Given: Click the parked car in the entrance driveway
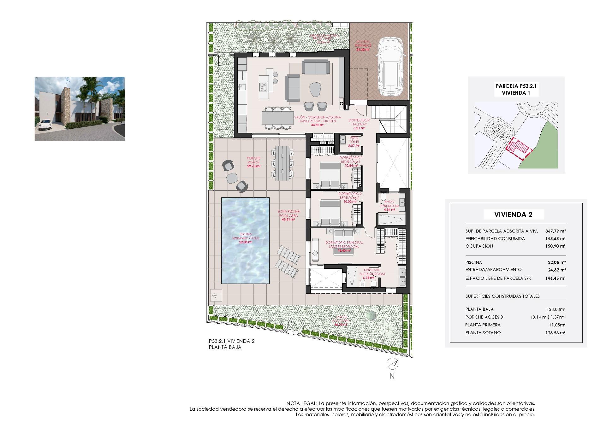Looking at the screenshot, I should pos(390,67).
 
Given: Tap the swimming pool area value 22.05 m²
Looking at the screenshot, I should pos(246,242).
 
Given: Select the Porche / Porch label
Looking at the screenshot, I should pos(253,160).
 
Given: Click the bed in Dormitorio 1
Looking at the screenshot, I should pos(330,175).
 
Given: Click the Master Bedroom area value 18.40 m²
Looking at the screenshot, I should pos(344,250).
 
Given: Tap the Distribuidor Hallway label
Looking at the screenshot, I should pos(359,122).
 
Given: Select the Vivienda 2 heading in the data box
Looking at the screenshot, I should pos(513,215).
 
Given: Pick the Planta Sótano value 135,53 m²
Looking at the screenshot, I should pos(555,332).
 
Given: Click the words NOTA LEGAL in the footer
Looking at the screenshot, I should pos(301,403).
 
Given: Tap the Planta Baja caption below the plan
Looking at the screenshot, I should pos(225,347).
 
